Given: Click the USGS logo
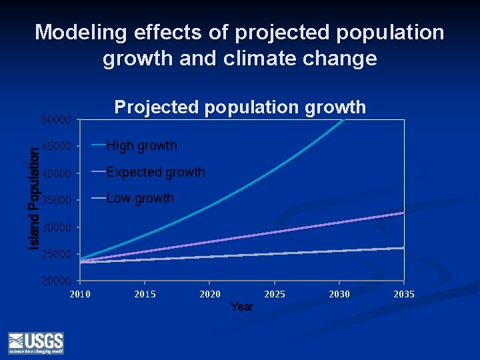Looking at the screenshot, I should (x=36, y=342).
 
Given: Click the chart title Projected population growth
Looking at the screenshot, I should (x=240, y=107).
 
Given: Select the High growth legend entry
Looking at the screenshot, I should (x=141, y=145).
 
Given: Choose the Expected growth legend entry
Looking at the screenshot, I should (x=155, y=172).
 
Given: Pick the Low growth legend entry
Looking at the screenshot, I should (x=139, y=199).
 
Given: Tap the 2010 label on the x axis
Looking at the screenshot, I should (x=80, y=294).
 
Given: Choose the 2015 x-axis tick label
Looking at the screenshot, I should (x=145, y=294).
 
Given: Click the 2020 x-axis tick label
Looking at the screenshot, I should (x=209, y=294).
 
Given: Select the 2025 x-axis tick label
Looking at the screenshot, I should (x=274, y=294).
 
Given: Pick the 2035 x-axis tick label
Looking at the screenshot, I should (x=403, y=294).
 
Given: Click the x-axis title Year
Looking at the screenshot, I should (x=241, y=307).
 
